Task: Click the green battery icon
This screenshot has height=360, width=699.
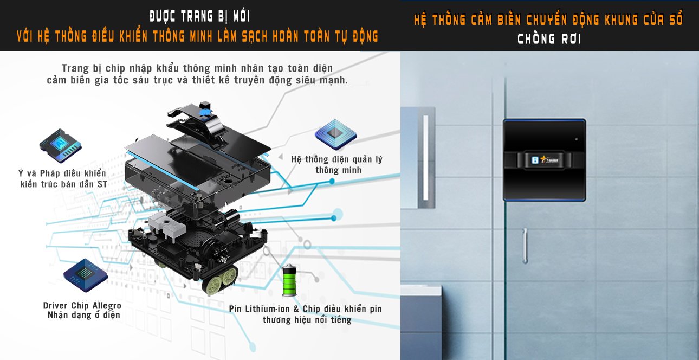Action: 289,280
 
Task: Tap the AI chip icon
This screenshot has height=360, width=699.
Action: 61,145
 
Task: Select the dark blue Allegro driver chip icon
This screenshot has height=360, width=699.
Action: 86,275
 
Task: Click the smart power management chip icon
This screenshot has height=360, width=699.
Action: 335,134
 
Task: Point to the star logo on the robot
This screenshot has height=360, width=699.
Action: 545,159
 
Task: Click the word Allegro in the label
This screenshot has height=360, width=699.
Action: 107,305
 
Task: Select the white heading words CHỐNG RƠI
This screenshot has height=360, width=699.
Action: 549,39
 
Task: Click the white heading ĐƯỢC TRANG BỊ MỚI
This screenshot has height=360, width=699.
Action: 200,17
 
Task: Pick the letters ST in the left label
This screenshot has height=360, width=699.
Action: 102,184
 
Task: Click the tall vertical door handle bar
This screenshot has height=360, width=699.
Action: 425,158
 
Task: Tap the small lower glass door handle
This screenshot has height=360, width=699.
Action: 525,246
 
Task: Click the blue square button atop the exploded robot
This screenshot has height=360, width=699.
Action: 205,112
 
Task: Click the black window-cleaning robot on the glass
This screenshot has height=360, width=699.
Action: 544,160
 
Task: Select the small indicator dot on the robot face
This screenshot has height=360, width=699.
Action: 576,139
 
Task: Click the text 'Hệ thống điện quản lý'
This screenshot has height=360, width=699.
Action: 336,159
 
